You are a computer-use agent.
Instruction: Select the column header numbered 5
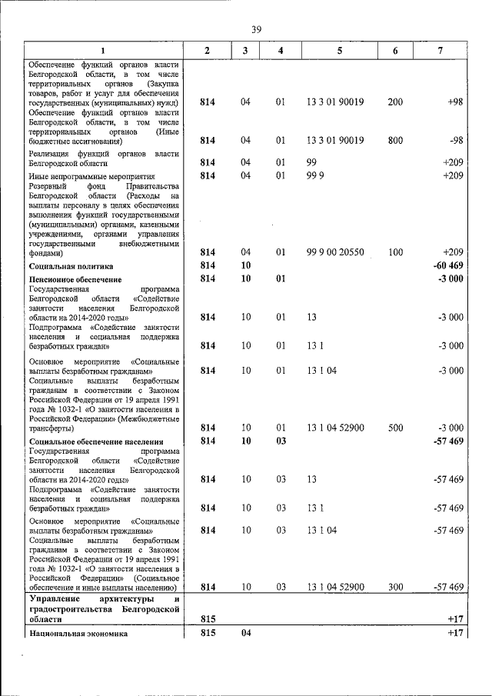[338, 50]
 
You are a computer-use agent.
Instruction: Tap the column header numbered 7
[440, 50]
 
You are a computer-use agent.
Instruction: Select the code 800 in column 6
[394, 140]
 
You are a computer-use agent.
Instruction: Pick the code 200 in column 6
[394, 102]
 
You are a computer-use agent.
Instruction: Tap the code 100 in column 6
[394, 251]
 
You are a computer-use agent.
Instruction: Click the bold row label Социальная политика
[66, 265]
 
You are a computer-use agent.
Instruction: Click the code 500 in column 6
[394, 428]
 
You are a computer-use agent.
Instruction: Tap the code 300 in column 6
[394, 587]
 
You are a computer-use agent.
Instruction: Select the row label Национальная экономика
[77, 633]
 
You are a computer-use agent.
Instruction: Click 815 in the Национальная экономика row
[207, 633]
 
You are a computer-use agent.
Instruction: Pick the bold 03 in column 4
[281, 441]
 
